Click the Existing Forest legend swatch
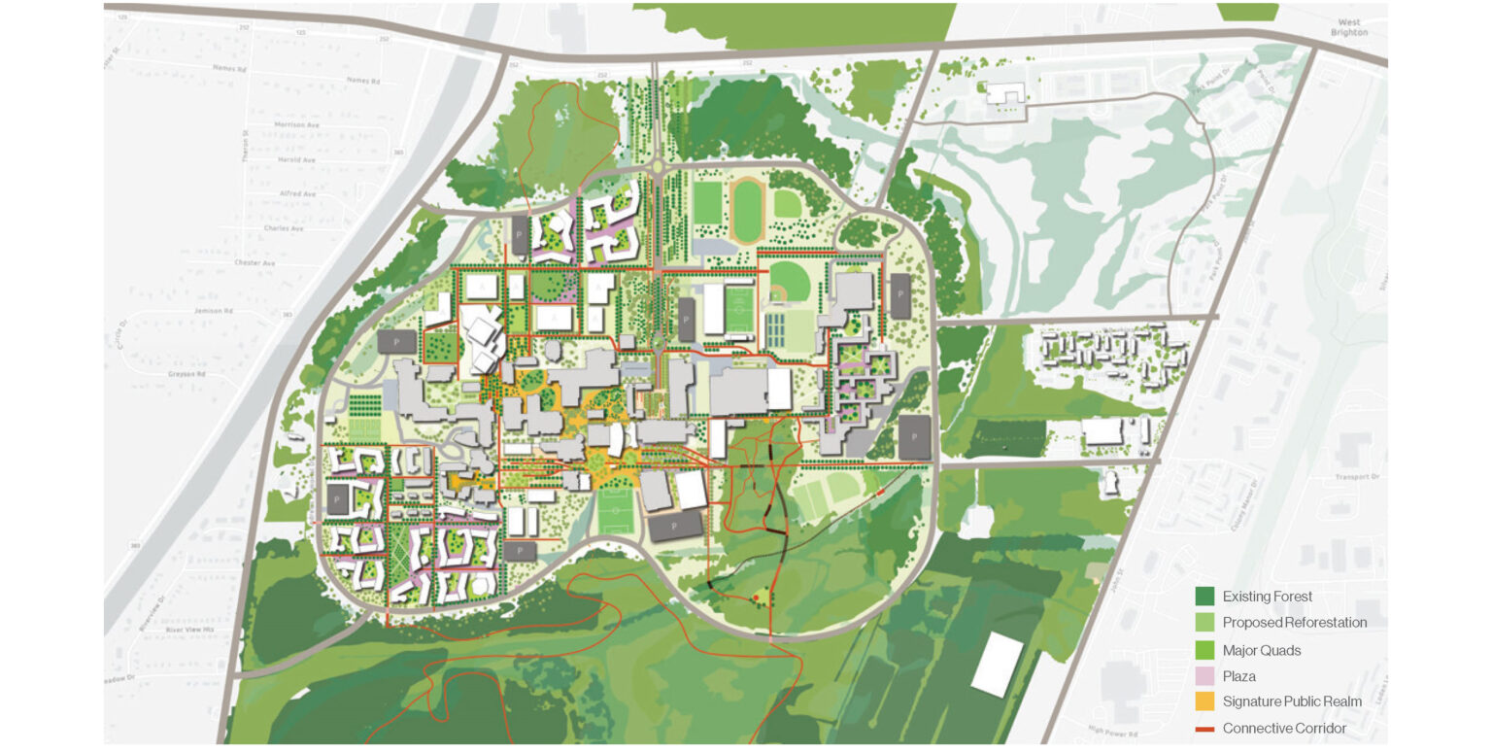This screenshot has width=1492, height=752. click(1204, 597)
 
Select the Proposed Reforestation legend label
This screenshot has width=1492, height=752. click(1294, 623)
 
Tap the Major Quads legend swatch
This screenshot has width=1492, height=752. click(1204, 649)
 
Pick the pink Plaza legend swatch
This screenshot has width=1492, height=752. click(1204, 675)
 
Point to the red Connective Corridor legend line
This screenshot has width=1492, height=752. click(1204, 728)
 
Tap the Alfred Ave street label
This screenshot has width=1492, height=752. click(296, 194)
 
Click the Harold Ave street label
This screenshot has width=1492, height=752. click(296, 160)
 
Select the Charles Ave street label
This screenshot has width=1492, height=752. click(284, 228)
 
